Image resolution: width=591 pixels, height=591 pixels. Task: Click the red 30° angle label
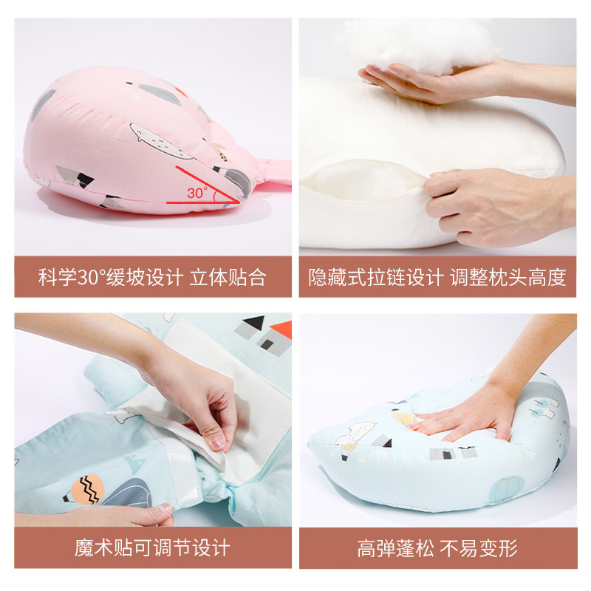[197, 193]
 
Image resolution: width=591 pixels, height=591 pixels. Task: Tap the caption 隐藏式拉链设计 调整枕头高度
[437, 278]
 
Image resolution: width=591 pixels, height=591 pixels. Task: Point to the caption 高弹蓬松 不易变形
[437, 548]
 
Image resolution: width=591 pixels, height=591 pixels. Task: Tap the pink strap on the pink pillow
[273, 185]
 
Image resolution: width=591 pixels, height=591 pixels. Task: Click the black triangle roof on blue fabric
[253, 323]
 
